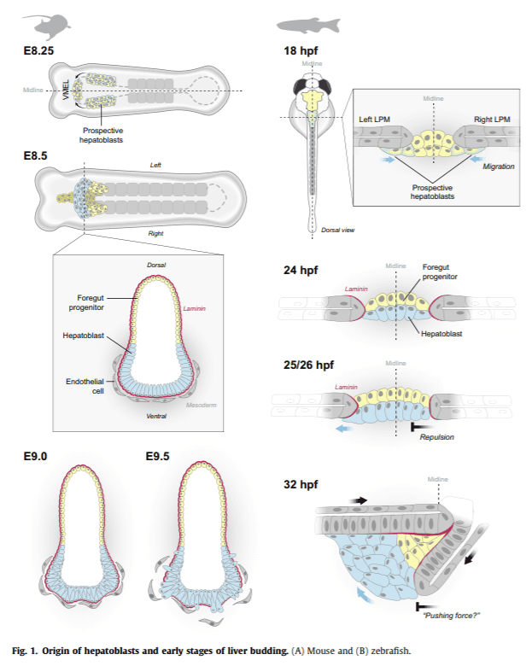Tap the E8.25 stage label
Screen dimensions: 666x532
coord(39,51)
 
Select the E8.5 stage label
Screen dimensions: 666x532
coord(36,156)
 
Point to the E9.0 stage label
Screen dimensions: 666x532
coord(36,457)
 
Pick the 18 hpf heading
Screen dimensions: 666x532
coord(300,51)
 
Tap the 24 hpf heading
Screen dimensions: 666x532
coord(300,271)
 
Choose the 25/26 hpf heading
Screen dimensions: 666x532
coord(308,365)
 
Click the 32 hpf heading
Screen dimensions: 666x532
coord(300,485)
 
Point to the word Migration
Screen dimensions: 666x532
coord(499,166)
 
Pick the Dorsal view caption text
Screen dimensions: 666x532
coord(338,229)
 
